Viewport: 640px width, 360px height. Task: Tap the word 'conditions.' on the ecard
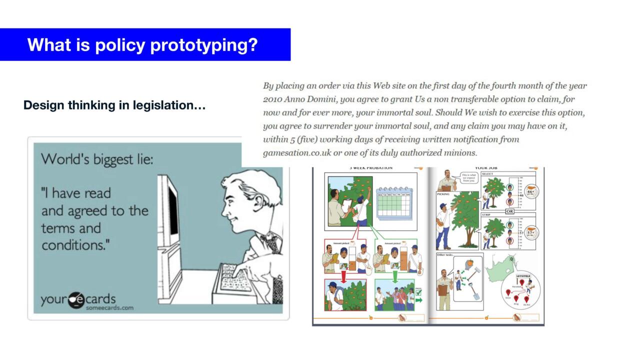point(76,245)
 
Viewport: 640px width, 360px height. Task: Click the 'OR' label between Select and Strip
point(509,211)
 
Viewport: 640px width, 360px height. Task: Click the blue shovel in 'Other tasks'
point(473,292)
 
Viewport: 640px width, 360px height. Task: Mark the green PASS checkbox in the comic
point(418,293)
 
